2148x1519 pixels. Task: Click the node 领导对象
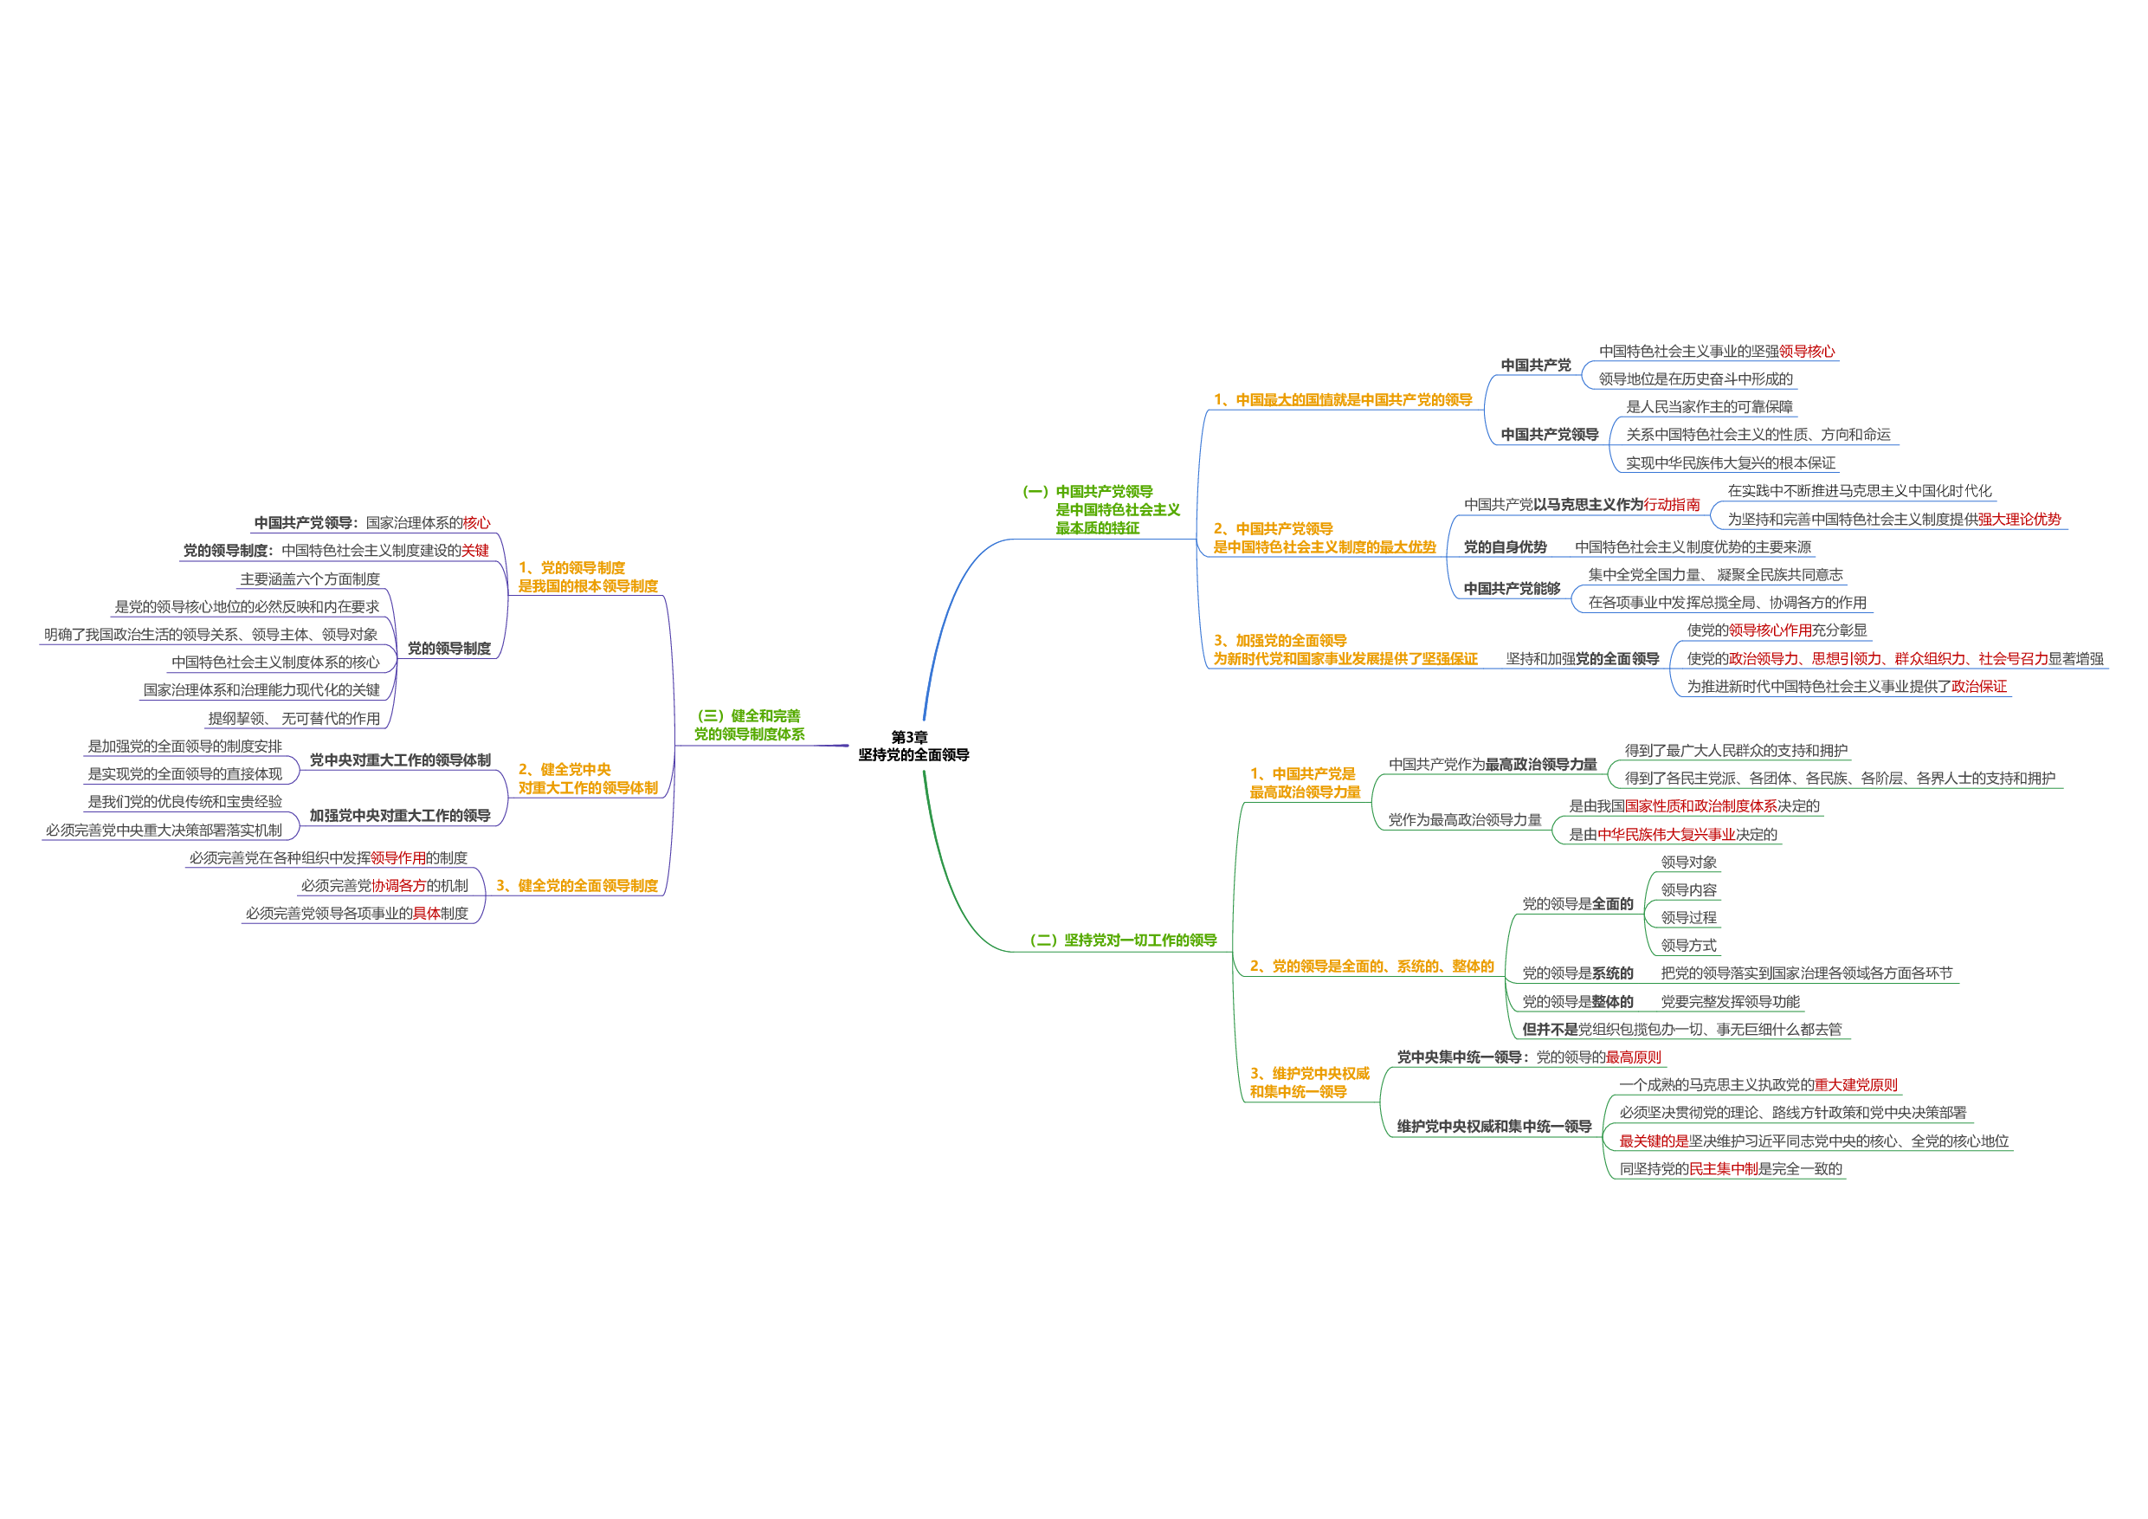(x=1687, y=862)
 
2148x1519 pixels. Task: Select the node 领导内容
(x=1687, y=890)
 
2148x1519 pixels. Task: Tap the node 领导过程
(x=1687, y=917)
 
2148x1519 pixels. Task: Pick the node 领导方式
(x=1687, y=946)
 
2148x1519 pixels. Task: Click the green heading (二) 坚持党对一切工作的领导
(x=1123, y=940)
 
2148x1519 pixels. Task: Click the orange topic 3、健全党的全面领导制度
(x=577, y=885)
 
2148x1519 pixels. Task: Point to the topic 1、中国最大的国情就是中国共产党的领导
(x=1343, y=399)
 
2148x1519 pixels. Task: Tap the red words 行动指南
(x=1672, y=505)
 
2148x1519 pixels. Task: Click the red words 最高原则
(x=1634, y=1057)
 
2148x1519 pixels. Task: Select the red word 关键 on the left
(x=475, y=550)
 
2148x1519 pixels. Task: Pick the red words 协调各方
(x=399, y=885)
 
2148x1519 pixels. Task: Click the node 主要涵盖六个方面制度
(x=310, y=579)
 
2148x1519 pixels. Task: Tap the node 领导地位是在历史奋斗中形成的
(x=1695, y=379)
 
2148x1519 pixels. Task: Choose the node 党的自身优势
(x=1505, y=546)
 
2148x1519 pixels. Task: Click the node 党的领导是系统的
(x=1577, y=973)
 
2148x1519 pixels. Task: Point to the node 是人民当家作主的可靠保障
(x=1709, y=406)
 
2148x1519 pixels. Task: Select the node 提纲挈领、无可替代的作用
(x=293, y=718)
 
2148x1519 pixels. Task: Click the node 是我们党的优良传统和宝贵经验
(x=184, y=801)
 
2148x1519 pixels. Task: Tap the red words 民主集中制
(x=1723, y=1168)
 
